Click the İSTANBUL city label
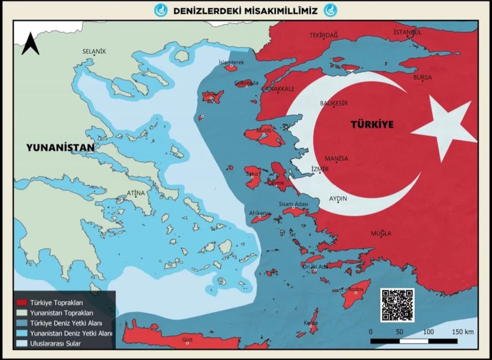407,32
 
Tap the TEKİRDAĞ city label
324,35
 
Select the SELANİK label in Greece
94,51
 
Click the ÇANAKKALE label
278,89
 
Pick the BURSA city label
423,77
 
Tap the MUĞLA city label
381,234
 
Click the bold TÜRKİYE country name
372,125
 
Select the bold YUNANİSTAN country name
60,148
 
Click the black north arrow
30,44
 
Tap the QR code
397,305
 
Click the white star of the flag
445,130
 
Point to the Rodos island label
356,290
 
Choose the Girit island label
187,339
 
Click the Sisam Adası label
293,204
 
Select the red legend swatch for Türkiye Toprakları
22,303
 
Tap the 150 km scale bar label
463,332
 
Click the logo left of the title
161,10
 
